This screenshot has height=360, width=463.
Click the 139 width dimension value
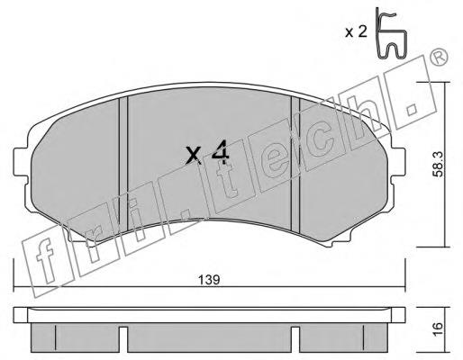[209, 280]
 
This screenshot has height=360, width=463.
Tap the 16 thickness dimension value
[438, 329]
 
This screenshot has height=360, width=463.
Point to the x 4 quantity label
[207, 154]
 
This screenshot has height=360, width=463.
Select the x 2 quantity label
[356, 31]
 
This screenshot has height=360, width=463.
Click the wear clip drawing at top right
[390, 33]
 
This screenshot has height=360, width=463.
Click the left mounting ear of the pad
[22, 162]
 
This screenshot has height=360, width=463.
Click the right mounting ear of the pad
[398, 162]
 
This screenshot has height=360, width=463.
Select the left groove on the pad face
[123, 164]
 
